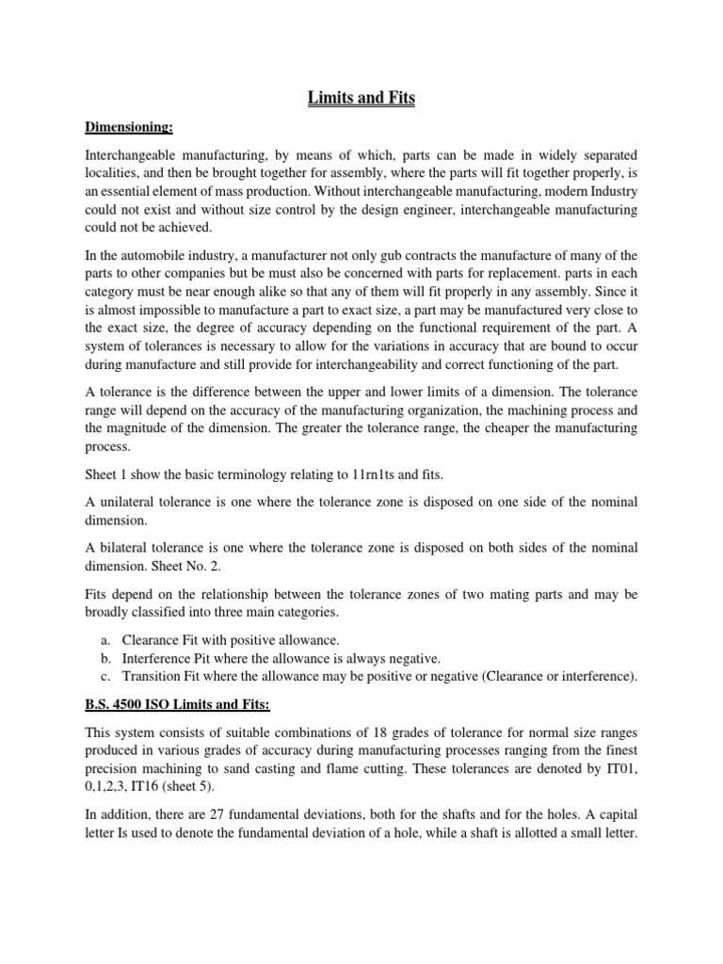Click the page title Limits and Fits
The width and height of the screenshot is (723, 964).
(361, 97)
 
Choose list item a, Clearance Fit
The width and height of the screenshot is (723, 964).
(206, 640)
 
